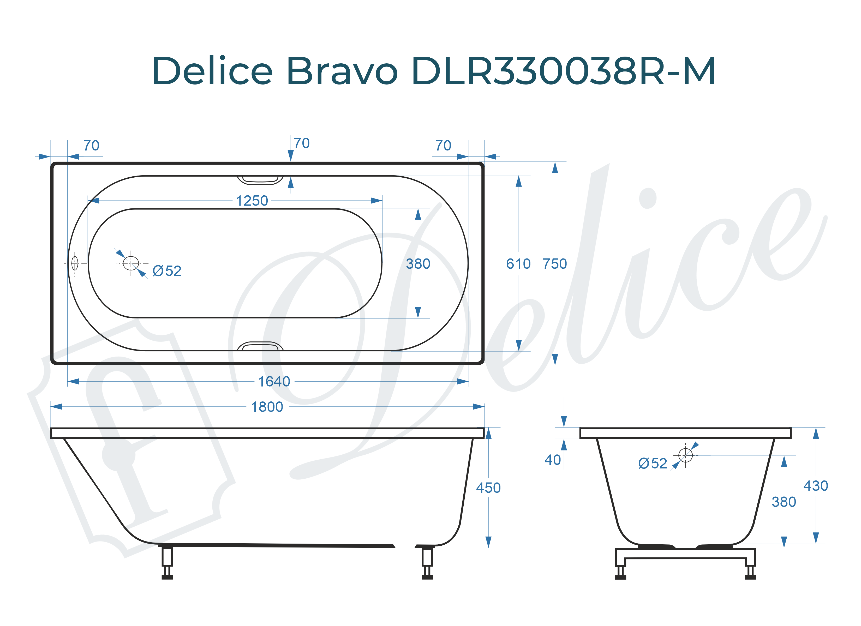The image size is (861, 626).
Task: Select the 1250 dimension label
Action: [252, 201]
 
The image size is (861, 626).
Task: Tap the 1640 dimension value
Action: [274, 382]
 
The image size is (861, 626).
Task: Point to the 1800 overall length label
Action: [267, 407]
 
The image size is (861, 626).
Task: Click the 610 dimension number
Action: [518, 264]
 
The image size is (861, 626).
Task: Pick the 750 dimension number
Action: [555, 264]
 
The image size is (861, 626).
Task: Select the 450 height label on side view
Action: [488, 488]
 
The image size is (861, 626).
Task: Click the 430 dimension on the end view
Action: [815, 486]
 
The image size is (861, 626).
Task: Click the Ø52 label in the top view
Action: [167, 271]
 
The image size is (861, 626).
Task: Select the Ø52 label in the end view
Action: [653, 464]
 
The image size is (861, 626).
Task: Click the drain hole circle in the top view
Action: [131, 263]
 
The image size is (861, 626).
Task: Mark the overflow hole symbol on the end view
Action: [685, 455]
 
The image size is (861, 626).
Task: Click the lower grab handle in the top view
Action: [260, 346]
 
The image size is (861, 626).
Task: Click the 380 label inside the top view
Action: [418, 264]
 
